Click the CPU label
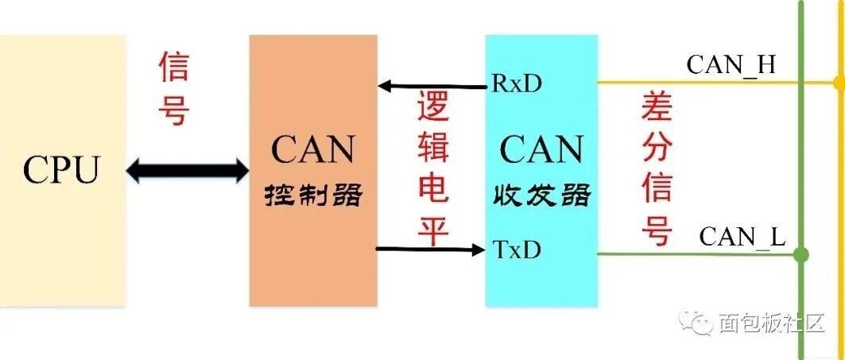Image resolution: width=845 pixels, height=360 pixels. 62,169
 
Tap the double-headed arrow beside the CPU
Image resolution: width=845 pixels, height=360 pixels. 188,169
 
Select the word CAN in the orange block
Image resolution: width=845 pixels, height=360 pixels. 312,150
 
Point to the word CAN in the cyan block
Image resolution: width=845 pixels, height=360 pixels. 541,150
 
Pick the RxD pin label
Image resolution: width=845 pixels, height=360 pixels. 517,83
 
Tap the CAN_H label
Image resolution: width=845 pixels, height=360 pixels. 731,65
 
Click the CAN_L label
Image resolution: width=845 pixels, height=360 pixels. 742,236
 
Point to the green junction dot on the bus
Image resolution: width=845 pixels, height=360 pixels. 801,255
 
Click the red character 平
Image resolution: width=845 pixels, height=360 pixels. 433,230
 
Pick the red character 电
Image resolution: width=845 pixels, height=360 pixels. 433,189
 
